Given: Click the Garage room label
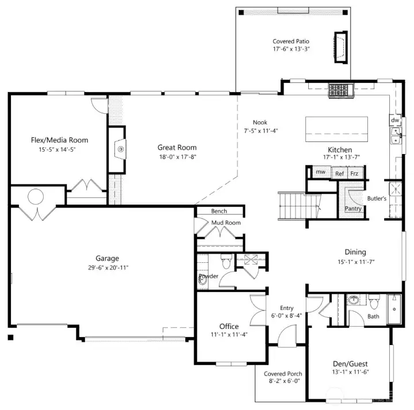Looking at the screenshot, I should [x=108, y=258].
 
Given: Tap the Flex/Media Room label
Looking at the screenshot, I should [x=59, y=140].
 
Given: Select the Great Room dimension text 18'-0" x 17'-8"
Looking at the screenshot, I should [x=177, y=157].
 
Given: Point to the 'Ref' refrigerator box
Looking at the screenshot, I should [x=339, y=173].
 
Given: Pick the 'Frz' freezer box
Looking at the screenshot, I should [x=355, y=173].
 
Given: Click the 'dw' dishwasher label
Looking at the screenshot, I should [x=395, y=121].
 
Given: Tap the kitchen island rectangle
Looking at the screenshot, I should [x=336, y=130].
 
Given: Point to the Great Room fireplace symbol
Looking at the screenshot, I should [x=120, y=150].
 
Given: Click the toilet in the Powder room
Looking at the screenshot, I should [x=225, y=263].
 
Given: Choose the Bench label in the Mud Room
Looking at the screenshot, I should [x=219, y=211].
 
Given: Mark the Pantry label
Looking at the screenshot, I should [x=352, y=208].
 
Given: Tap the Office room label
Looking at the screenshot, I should [x=221, y=326].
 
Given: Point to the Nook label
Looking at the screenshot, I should [x=259, y=122].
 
